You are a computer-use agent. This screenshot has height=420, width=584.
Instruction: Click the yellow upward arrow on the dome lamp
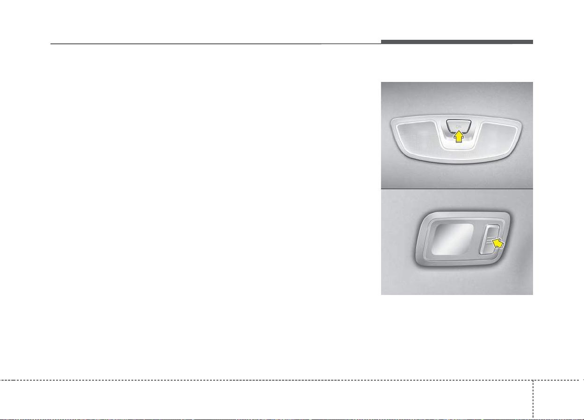pos(459,137)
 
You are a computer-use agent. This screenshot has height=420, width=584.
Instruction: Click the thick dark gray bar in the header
pos(457,42)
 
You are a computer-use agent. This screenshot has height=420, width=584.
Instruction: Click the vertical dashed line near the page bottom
pos(533,398)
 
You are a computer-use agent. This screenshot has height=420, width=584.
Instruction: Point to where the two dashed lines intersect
pos(533,380)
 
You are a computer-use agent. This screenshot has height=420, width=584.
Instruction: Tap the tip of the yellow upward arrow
pos(459,131)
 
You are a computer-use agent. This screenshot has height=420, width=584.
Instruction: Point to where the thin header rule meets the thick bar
pos(381,44)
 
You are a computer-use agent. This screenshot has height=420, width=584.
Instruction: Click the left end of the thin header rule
pos(51,44)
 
